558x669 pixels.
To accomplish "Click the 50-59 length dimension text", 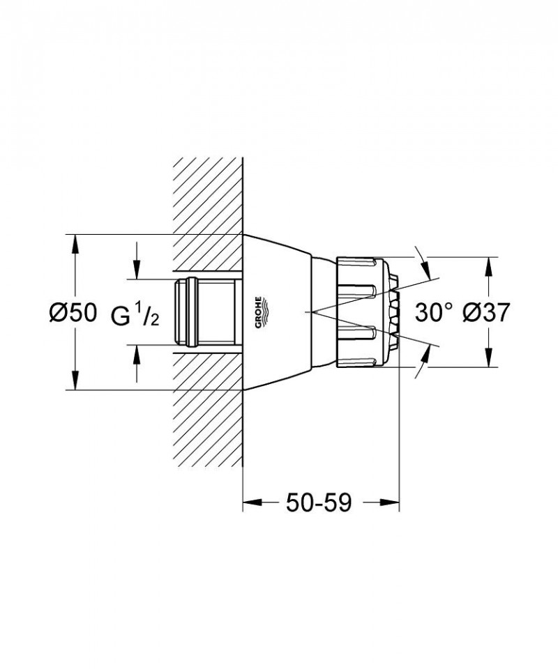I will pos(317,502).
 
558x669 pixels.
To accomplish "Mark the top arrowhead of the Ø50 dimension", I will pos(74,241).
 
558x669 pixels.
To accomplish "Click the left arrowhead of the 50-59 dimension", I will pos(249,502).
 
